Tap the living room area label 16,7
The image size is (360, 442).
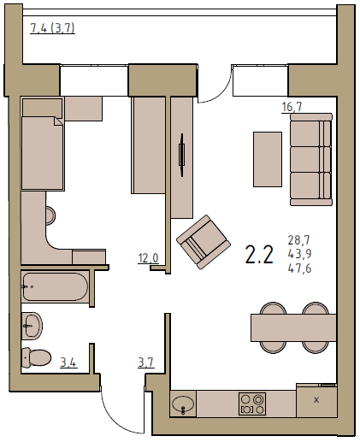point(292,107)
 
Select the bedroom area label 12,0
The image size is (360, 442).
point(148,258)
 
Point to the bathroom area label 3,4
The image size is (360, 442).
point(68,362)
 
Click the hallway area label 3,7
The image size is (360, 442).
point(146,362)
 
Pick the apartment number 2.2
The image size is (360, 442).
point(259,255)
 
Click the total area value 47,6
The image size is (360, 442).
point(299,268)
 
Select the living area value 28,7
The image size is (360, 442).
point(298,240)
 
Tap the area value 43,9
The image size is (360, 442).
point(299,254)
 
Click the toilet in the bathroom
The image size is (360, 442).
point(37,357)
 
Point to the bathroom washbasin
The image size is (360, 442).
point(32,326)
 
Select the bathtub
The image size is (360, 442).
point(55,286)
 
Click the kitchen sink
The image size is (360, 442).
point(183,404)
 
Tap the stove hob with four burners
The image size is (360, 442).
point(252,404)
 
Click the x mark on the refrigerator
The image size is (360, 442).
point(316,400)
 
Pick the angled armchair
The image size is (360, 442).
point(204,242)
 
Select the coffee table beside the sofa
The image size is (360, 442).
point(268,159)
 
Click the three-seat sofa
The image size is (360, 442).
point(311,159)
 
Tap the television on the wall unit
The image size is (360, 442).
point(181,155)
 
